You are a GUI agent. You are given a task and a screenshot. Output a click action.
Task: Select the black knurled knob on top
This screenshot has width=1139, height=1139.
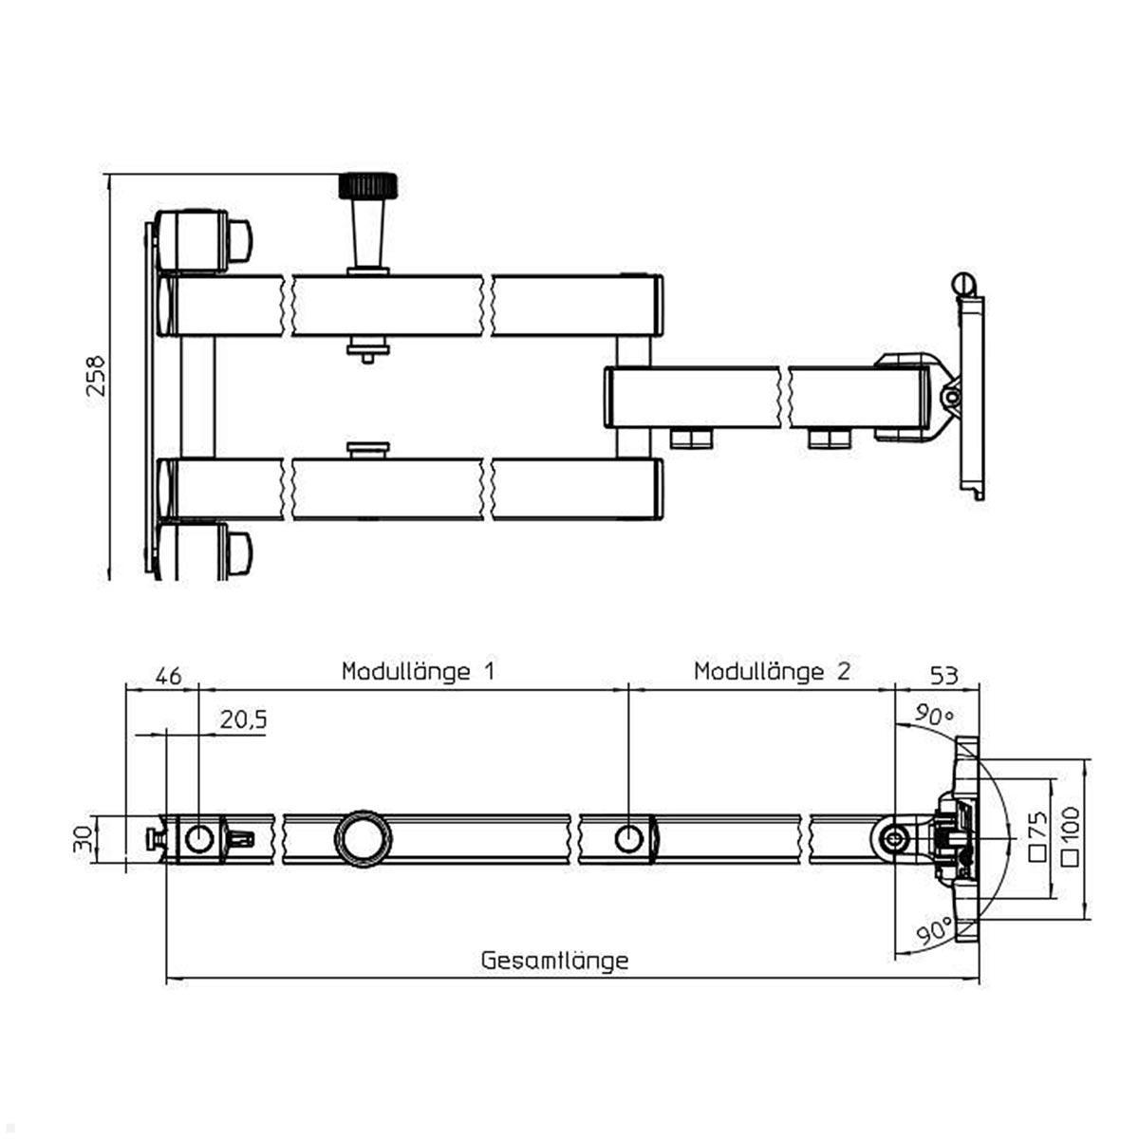click(x=368, y=184)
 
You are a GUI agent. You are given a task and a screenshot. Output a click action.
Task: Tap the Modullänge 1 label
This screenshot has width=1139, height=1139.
click(x=419, y=672)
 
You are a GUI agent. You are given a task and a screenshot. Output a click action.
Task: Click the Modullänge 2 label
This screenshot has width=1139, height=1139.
click(x=772, y=672)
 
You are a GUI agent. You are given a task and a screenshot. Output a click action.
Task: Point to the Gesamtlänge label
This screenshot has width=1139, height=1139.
click(x=554, y=960)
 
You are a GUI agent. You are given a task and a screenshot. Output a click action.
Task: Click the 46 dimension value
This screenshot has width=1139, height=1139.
click(x=167, y=676)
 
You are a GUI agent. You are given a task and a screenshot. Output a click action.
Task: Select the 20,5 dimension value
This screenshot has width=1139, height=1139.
click(x=243, y=720)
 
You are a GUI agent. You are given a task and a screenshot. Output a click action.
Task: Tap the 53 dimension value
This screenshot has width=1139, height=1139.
click(x=943, y=676)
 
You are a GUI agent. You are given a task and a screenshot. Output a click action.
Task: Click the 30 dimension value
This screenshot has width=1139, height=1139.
click(x=84, y=839)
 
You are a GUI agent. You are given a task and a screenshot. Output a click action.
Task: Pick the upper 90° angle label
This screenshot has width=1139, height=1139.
click(x=933, y=716)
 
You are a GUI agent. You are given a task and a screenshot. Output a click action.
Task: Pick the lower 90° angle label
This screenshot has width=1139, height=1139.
click(x=936, y=934)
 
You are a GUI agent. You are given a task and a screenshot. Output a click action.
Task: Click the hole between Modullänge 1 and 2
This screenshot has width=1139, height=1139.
click(x=628, y=838)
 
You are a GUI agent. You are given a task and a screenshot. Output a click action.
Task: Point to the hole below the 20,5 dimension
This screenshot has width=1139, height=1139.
click(x=199, y=838)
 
